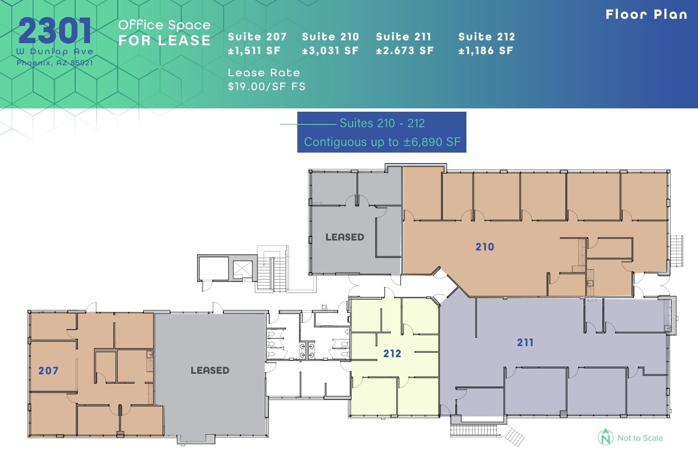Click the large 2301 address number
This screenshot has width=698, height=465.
coord(55,31)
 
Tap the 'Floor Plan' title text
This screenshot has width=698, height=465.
coord(646,14)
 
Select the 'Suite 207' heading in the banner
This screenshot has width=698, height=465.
coord(257,37)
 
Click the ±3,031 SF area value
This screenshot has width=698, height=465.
coord(330,51)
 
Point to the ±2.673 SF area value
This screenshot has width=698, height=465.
coord(405,51)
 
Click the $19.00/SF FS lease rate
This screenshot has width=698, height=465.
coord(266,86)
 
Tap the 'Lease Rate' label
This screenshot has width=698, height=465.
coord(264,73)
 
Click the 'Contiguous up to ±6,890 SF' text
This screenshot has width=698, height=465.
coord(382,142)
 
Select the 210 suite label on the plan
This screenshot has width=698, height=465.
coord(485,247)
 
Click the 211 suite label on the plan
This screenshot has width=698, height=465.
coord(525,343)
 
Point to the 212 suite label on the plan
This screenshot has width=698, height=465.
coord(392,354)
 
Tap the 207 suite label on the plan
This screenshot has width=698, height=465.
coord(48,370)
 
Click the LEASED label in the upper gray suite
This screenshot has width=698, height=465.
coord(344,237)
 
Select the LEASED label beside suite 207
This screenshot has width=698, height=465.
coord(209,370)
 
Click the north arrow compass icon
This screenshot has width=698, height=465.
coord(605,437)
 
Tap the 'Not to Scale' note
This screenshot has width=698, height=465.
coord(640,438)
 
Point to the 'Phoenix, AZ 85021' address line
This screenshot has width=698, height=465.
coord(55,62)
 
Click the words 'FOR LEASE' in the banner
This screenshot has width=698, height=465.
coord(164,41)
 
